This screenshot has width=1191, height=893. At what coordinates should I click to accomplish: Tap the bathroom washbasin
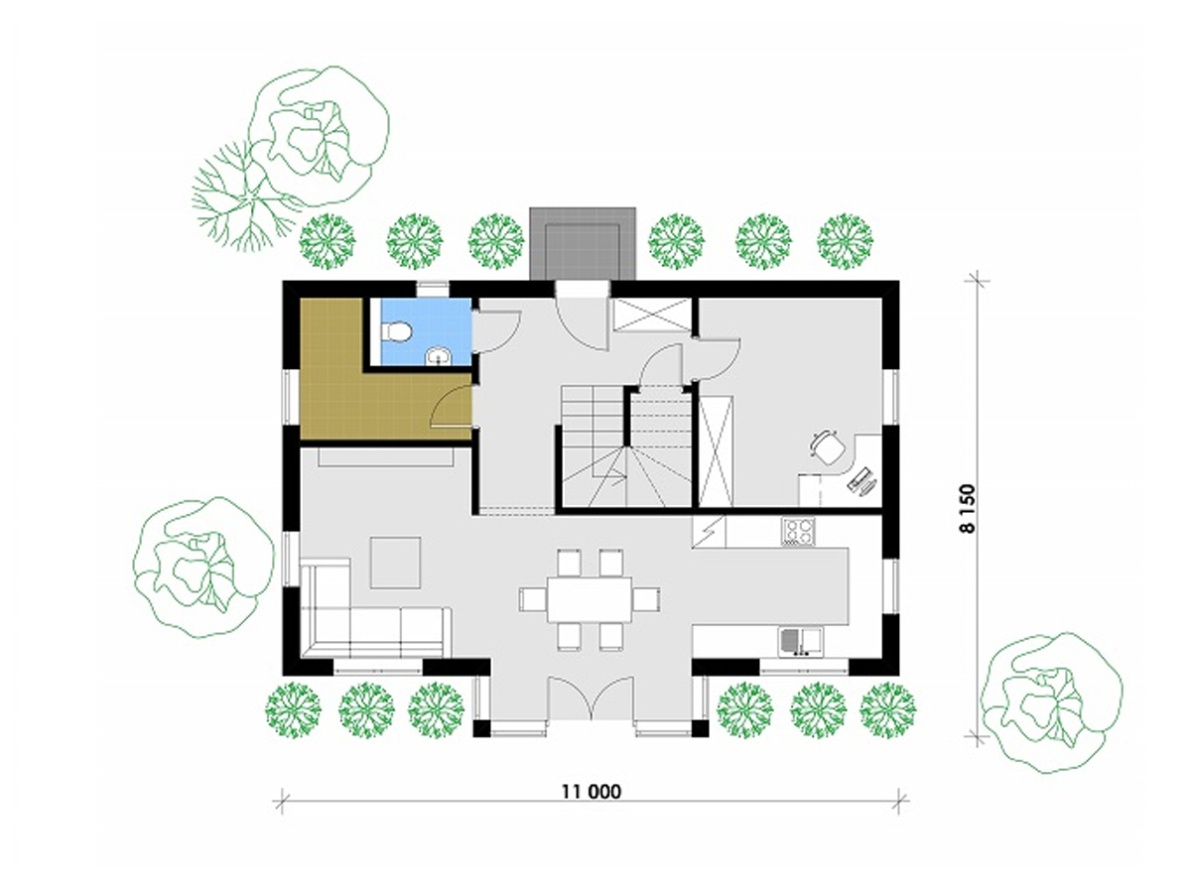click(437, 355)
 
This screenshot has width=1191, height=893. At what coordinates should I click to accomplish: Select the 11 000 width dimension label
click(591, 792)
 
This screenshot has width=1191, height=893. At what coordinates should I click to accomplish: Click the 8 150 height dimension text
click(968, 509)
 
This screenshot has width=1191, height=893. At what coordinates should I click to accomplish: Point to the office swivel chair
click(828, 447)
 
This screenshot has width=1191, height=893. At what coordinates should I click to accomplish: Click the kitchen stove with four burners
click(798, 532)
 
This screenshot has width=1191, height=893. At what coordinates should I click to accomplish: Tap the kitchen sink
click(800, 642)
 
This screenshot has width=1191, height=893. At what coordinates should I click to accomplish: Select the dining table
click(590, 599)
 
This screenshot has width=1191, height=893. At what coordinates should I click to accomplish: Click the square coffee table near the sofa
click(395, 563)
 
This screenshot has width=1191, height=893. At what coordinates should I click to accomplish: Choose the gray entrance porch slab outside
click(583, 243)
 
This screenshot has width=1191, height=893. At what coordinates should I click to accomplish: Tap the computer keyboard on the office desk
click(858, 477)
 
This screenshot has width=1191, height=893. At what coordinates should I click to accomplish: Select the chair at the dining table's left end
click(533, 599)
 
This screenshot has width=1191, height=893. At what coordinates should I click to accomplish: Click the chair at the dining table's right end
click(646, 599)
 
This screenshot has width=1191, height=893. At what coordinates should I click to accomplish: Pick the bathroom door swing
click(496, 331)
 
